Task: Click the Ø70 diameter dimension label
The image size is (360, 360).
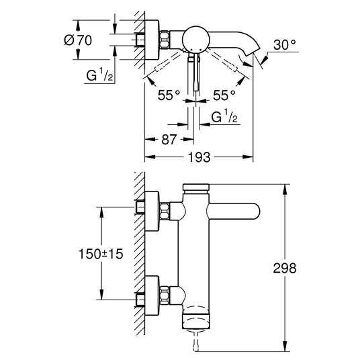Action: pos(78,40)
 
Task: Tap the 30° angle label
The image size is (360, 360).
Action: pos(285,44)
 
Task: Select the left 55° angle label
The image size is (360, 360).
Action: pos(169,95)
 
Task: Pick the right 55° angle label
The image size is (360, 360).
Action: pos(224,95)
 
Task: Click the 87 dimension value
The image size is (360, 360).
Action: pos(169,139)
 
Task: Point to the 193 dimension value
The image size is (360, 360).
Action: pos(199,157)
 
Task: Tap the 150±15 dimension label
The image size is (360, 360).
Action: pos(101,254)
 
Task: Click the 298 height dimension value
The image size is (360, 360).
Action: pos(285,268)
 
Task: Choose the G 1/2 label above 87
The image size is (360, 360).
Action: pos(224,116)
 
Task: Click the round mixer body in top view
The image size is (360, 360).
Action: pos(195,39)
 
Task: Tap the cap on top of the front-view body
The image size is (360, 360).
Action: pos(196,187)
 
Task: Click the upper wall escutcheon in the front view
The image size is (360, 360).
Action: pos(152,211)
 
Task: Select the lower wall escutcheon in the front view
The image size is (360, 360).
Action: pos(152,296)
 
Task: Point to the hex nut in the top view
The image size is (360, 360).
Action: pos(165,40)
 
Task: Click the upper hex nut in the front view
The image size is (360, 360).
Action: pos(165,211)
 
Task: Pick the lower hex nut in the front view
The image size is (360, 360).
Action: pos(165,296)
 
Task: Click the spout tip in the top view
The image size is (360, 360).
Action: pos(253,51)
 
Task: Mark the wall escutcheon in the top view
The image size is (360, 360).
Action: pos(152,40)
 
